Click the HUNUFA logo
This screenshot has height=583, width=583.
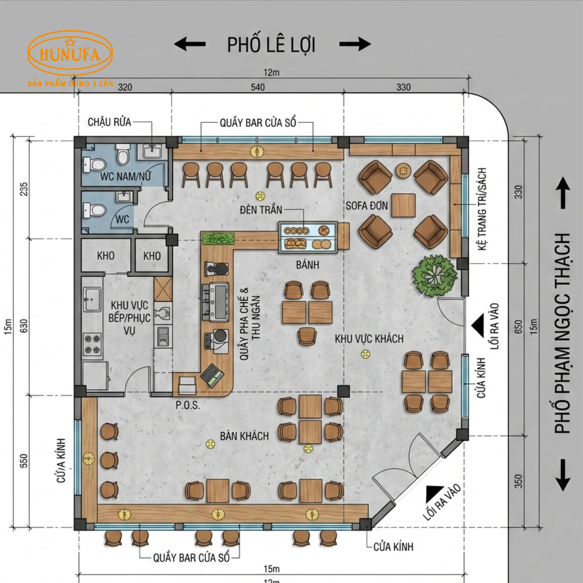click(x=70, y=54)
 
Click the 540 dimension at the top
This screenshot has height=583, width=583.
click(x=258, y=87)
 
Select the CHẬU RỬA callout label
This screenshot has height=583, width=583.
click(x=109, y=122)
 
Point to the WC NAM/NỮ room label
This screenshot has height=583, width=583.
click(x=125, y=176)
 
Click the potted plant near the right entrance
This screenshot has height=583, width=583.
click(x=434, y=276)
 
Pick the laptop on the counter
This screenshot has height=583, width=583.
click(x=212, y=375)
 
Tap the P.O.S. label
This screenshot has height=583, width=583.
click(x=188, y=405)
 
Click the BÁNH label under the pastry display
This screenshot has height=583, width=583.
click(x=307, y=265)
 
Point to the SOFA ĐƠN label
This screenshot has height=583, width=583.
click(x=367, y=206)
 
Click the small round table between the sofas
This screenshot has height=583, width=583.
click(x=403, y=171)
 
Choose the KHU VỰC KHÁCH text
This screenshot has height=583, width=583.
click(x=369, y=339)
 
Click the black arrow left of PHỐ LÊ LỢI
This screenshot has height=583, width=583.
click(x=190, y=44)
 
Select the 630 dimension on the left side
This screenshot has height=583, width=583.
click(x=24, y=326)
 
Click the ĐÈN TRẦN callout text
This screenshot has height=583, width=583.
click(x=261, y=210)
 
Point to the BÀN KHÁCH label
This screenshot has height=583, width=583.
click(x=244, y=436)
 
